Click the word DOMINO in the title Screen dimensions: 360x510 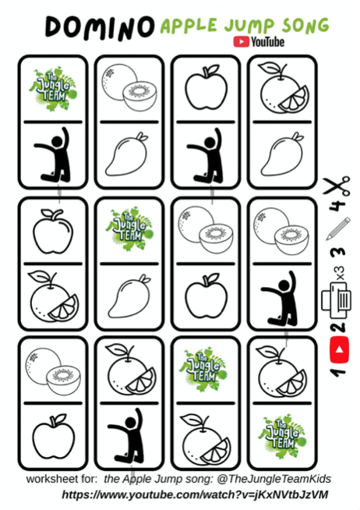point(100,28)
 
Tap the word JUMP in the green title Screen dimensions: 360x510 point(249,26)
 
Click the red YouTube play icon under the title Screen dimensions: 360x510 point(241,41)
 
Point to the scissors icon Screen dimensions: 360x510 point(337,186)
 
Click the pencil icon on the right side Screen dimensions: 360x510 point(338,228)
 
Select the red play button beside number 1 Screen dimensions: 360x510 point(339,349)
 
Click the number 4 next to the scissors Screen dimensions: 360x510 point(337,206)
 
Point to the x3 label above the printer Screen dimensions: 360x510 point(340,273)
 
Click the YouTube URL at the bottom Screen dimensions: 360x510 point(195,494)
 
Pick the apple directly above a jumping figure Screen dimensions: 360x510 point(206,88)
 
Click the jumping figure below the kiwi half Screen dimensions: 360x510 point(280,299)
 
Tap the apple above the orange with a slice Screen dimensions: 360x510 point(53,232)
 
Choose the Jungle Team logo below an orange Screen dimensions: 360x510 point(282,436)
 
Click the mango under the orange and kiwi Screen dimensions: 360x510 point(127,154)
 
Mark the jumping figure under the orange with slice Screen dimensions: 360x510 point(127,436)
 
